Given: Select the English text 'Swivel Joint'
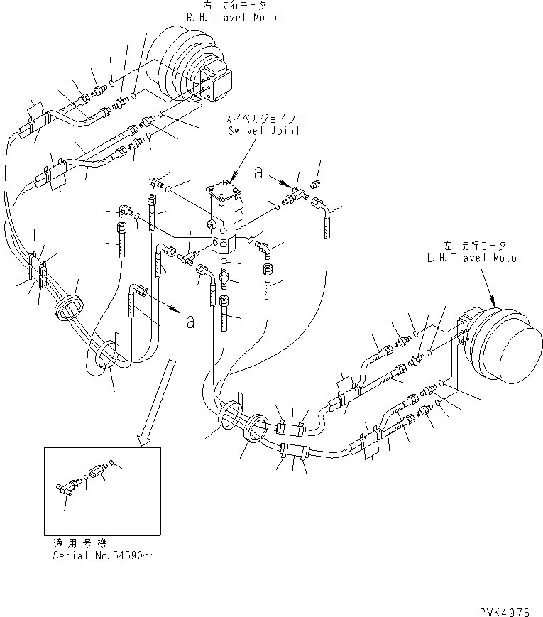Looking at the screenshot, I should click(x=263, y=131).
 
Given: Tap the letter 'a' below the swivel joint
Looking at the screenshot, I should click(x=190, y=322).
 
